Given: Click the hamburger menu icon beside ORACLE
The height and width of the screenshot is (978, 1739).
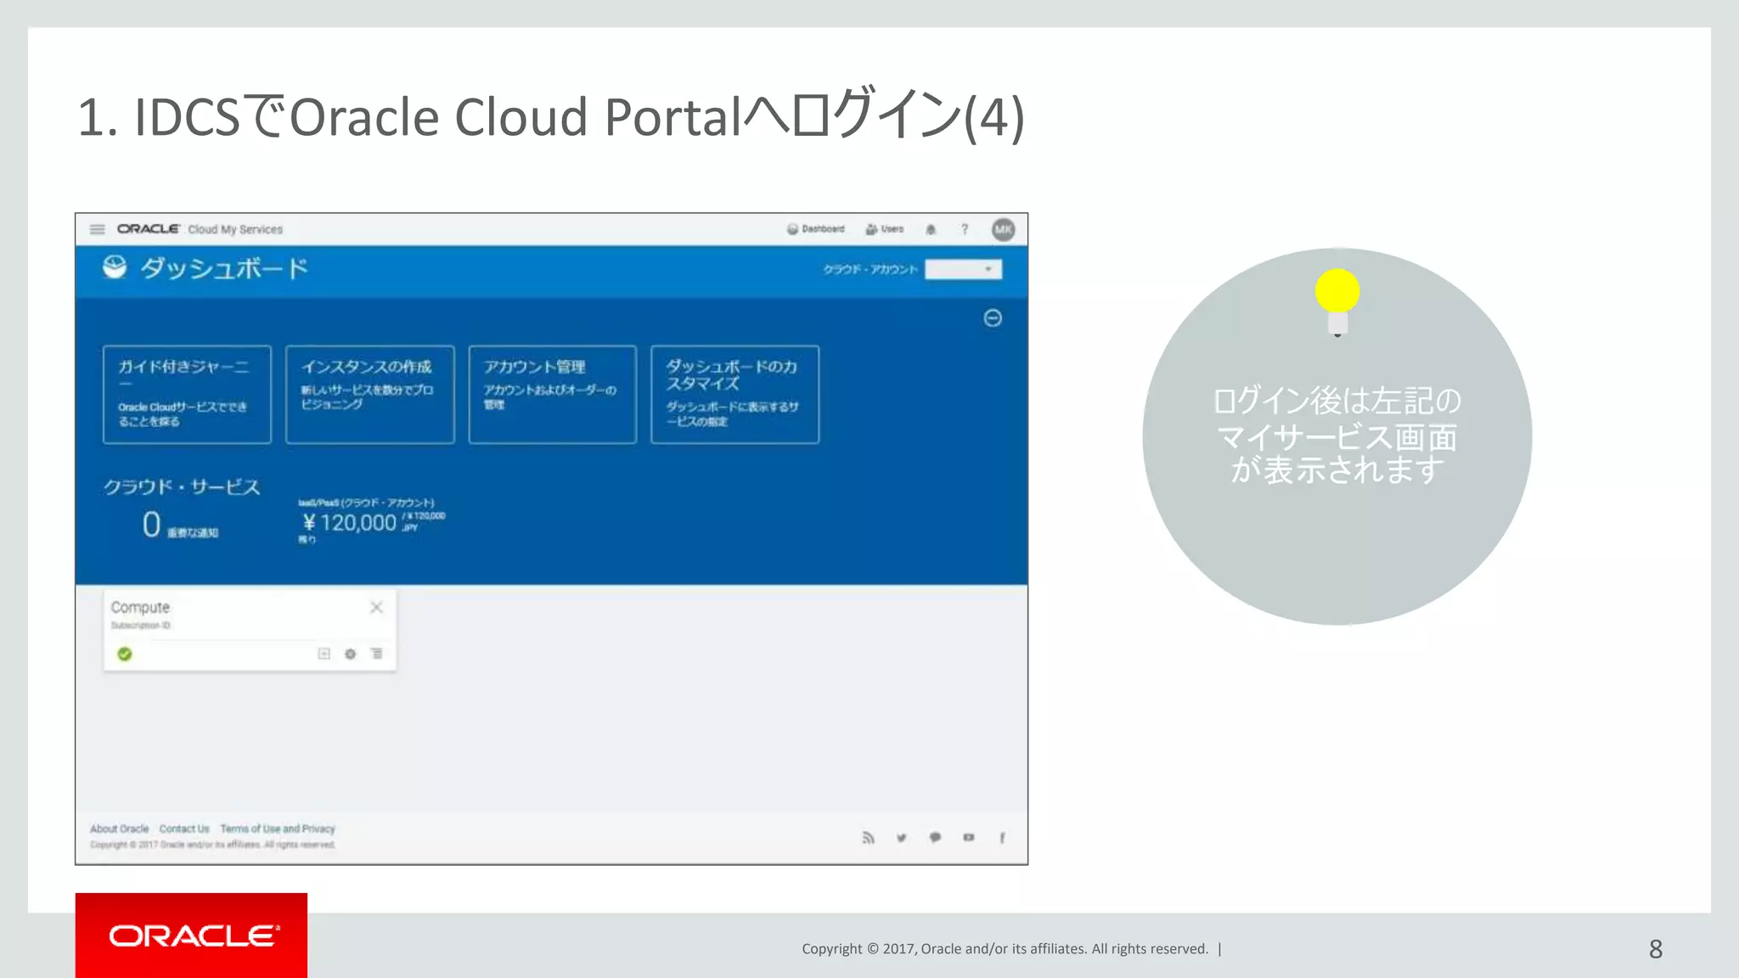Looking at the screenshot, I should click(98, 229).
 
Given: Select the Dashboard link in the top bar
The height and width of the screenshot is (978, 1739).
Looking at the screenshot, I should click(816, 229).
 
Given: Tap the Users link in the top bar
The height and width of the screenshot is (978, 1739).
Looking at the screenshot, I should click(885, 229).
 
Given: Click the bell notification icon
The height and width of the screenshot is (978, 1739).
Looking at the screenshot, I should click(931, 229).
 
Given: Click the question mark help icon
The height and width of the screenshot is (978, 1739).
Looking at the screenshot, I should click(965, 229).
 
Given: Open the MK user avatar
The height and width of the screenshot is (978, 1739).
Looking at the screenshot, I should click(1003, 229).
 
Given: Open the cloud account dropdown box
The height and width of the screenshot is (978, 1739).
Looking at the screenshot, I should click(963, 269).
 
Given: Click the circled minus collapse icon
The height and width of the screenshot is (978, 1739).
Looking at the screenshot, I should click(993, 318).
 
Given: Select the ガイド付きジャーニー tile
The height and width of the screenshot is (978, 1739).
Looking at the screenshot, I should click(187, 394).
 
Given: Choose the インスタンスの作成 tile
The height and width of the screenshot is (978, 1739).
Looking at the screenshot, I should click(369, 394).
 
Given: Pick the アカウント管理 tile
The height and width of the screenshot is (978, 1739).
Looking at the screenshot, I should click(552, 394).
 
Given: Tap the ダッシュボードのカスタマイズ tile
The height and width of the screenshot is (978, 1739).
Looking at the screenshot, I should click(734, 394).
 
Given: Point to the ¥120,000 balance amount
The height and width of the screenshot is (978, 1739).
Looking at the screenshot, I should click(350, 523).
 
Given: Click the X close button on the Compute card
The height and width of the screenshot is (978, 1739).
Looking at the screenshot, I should click(376, 607).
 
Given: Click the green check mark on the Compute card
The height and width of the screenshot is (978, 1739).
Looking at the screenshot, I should click(125, 654).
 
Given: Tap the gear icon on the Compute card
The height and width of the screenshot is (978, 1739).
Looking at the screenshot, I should click(350, 654).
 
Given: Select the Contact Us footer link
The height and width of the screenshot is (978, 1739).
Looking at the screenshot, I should click(184, 829).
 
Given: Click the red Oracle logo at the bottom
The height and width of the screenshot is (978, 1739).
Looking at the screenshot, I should click(192, 936).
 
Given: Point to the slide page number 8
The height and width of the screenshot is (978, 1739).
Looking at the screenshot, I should click(1655, 949).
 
